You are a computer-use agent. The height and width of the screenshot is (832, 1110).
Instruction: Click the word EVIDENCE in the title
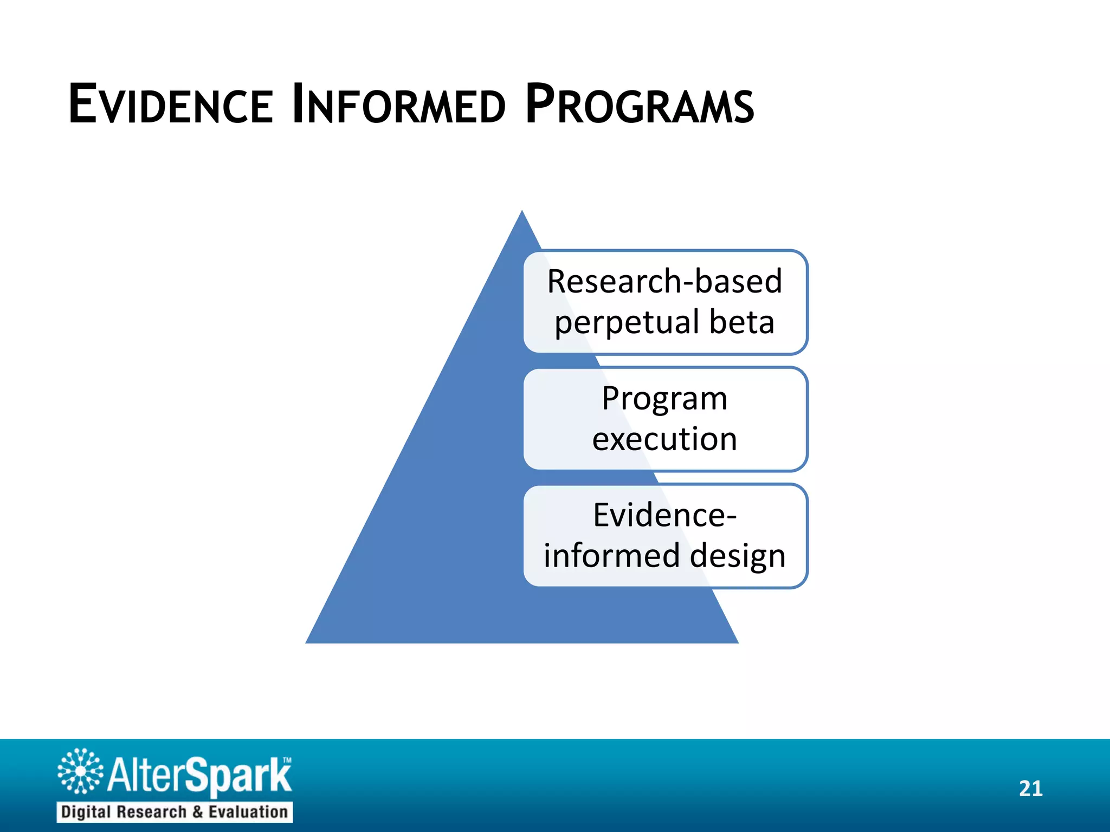(171, 104)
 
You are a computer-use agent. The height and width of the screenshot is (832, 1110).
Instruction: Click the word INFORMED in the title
(398, 104)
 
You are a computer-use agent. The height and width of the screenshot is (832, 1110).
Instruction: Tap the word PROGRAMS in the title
(640, 104)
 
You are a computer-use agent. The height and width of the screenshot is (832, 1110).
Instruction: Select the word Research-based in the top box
(664, 282)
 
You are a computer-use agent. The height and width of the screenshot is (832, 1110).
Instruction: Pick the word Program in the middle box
(664, 399)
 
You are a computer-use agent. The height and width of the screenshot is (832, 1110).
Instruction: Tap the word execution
(664, 439)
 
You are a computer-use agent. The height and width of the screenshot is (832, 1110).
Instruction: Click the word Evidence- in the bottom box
(664, 515)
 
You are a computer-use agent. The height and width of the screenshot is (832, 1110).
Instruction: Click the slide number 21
(1030, 789)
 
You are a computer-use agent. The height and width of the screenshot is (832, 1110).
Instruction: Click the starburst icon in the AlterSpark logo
(80, 771)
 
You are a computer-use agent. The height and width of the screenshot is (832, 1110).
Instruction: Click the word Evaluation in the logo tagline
(248, 812)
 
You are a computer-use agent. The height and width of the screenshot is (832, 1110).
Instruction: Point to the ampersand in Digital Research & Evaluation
(197, 812)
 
